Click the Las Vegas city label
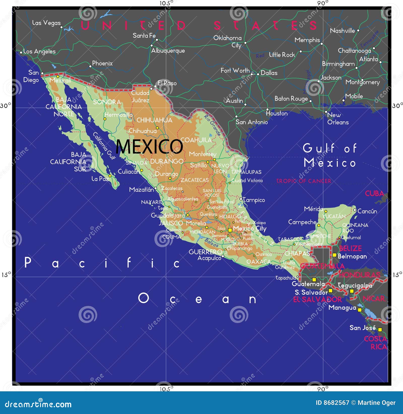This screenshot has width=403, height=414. tap(46, 23)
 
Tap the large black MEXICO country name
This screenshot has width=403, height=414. tap(149, 146)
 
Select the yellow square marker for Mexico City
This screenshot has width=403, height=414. tap(230, 230)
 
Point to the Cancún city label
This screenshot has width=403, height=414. tap(367, 211)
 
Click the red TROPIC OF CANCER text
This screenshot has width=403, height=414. tap(304, 181)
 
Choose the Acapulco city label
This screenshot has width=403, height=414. tap(209, 258)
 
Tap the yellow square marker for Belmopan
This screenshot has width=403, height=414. tap(334, 255)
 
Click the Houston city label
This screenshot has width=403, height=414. tap(277, 113)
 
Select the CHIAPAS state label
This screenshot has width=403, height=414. tap(297, 253)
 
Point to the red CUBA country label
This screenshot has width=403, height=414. tap(375, 194)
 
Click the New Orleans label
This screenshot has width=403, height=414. tap(338, 119)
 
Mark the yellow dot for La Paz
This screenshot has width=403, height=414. tap(110, 176)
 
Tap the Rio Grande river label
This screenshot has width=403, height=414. tap(212, 125)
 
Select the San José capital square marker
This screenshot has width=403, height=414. tap(380, 330)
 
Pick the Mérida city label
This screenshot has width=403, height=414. tap(313, 209)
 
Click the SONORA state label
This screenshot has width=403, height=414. tap(107, 102)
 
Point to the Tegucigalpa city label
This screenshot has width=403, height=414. tap(355, 285)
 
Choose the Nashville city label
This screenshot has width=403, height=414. tap(342, 31)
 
